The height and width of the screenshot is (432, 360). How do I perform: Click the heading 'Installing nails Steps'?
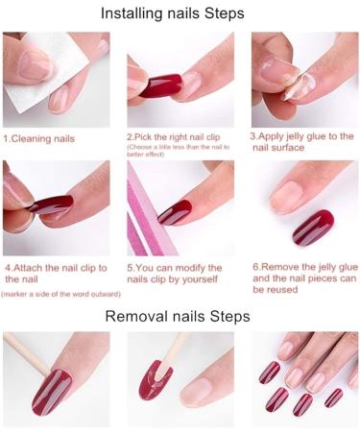pos(179,13)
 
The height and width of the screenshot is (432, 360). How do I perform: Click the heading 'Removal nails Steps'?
pos(179,316)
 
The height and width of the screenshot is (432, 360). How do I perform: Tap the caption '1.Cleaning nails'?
pos(39,138)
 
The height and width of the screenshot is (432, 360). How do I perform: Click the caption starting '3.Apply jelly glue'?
pos(301,142)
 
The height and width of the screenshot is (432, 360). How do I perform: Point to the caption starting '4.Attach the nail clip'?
pos(54,273)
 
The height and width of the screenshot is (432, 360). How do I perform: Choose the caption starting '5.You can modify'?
pos(175,274)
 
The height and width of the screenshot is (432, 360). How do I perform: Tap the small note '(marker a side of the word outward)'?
pos(61,294)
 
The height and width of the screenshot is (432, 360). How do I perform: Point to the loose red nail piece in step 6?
pos(313,227)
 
